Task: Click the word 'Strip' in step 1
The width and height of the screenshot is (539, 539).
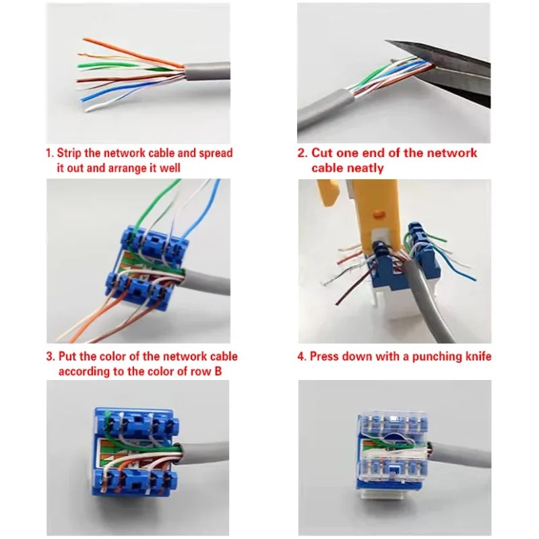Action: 69,153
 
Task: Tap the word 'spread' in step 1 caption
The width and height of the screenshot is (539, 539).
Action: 216,154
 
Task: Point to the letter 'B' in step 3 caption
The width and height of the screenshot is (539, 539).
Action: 218,372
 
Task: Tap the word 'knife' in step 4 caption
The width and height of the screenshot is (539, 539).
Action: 478,356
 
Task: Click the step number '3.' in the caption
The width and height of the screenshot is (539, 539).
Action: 51,356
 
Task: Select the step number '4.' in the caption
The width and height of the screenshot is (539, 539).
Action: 301,356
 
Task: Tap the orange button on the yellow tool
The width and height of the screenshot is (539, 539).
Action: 379,214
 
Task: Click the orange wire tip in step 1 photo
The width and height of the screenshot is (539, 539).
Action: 85,40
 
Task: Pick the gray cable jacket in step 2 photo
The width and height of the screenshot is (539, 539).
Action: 323,109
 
